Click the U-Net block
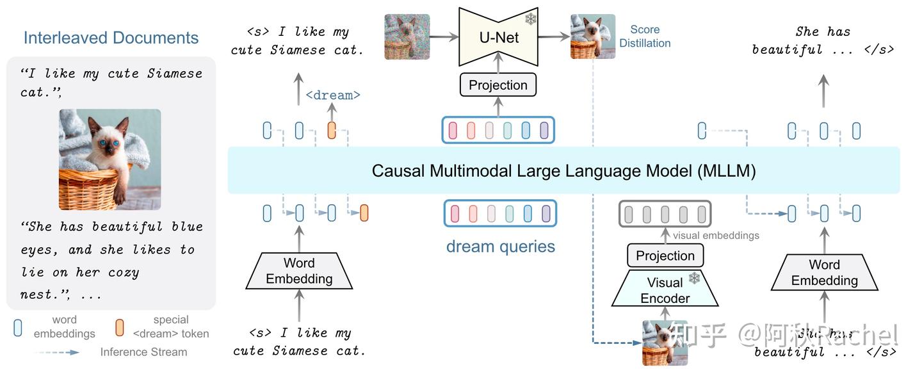click(499, 37)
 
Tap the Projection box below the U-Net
click(498, 85)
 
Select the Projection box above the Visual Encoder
click(665, 255)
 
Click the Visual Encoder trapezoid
click(665, 290)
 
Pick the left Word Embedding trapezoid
click(299, 271)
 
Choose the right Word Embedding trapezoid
click(824, 272)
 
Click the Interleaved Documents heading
click(111, 38)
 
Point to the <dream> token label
click(333, 95)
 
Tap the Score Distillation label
click(645, 36)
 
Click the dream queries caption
click(501, 247)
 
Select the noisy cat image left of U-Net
click(407, 37)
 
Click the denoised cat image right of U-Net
click(593, 37)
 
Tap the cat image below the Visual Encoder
click(665, 343)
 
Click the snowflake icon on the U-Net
click(531, 19)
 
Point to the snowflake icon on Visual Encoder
click(694, 279)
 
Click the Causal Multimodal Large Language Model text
click(563, 171)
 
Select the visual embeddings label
click(716, 236)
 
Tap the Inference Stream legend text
click(143, 352)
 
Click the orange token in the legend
click(119, 328)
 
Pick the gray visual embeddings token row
click(665, 214)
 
